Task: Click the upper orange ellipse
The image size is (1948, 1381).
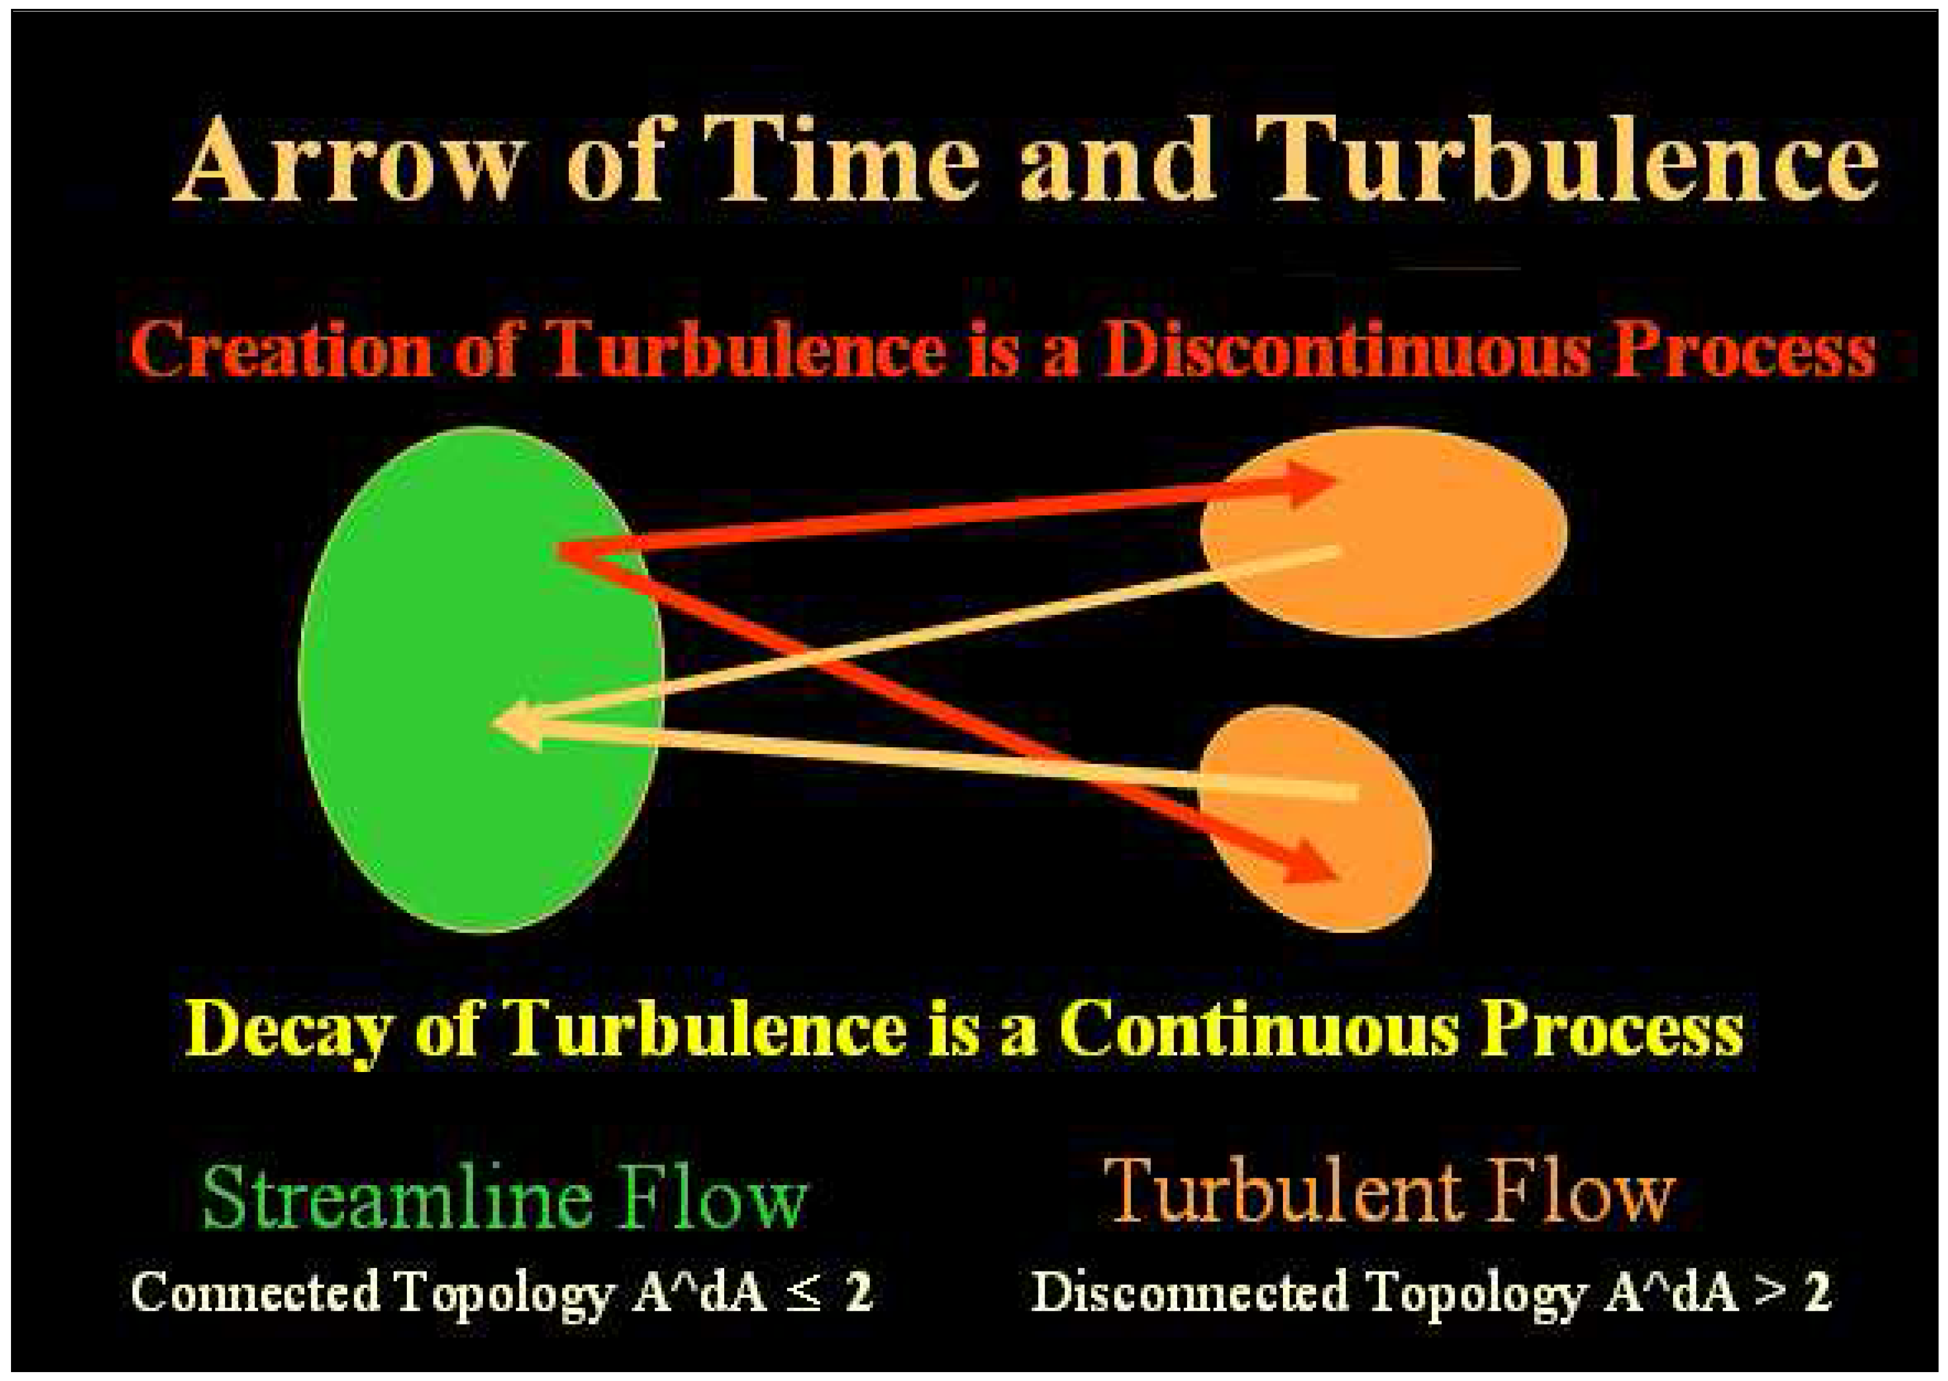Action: point(1383,532)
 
